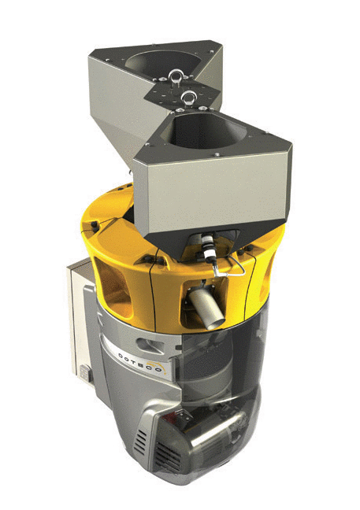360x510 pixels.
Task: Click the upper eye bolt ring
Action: click(x=176, y=76)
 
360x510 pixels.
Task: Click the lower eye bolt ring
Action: click(x=188, y=97)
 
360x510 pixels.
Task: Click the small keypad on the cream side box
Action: click(x=84, y=373)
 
